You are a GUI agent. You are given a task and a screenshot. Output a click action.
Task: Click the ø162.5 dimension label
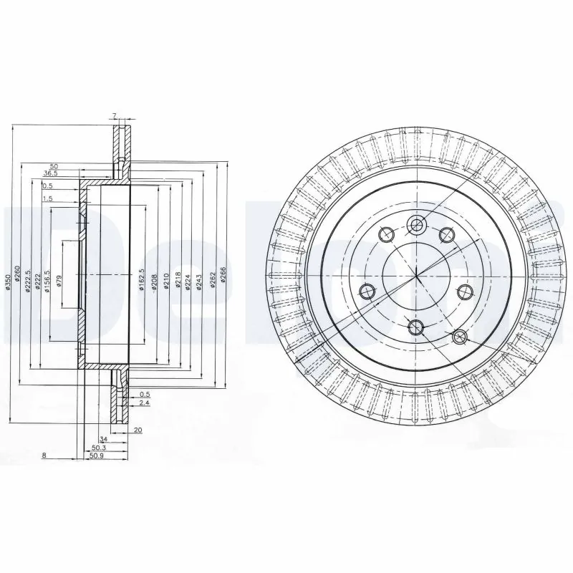[141, 279]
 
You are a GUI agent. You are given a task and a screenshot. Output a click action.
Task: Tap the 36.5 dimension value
[50, 173]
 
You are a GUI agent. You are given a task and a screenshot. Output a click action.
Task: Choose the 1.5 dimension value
[47, 198]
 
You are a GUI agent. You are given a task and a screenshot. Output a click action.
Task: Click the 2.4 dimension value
[145, 403]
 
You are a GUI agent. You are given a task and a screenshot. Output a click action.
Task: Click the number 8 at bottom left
[44, 455]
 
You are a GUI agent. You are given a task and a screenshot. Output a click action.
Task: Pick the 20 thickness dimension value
[138, 430]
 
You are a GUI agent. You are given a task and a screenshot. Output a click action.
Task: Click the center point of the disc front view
[416, 276]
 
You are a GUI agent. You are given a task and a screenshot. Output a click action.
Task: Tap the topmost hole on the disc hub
[416, 225]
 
